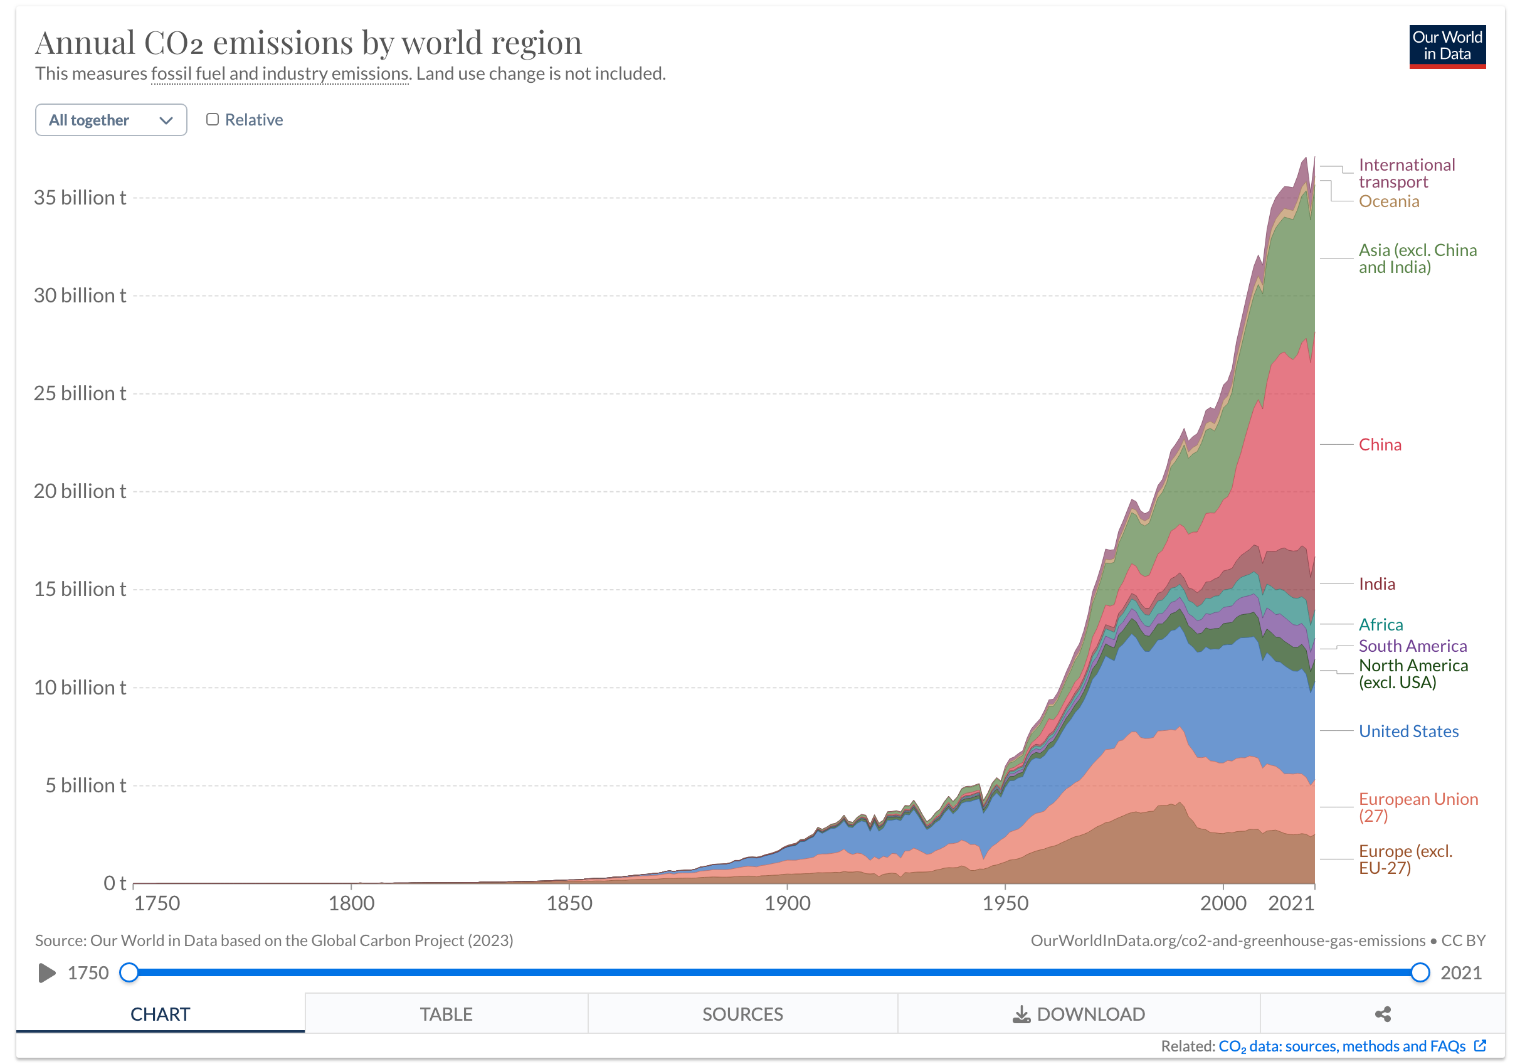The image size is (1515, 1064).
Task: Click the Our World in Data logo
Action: [x=1447, y=46]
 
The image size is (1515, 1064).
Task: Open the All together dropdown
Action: [x=111, y=120]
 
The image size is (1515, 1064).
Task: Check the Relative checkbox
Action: [x=213, y=119]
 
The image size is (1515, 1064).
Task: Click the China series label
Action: [x=1379, y=445]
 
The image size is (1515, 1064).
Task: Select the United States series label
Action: [x=1408, y=731]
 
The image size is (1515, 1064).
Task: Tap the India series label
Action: [x=1376, y=584]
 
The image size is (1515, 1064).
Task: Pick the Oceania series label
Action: [x=1388, y=201]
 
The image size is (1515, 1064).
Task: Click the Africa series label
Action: [x=1380, y=624]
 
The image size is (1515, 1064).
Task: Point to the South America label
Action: [x=1412, y=646]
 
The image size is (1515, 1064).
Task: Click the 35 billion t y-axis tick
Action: [x=80, y=198]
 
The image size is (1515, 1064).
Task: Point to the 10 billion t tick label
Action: [x=80, y=687]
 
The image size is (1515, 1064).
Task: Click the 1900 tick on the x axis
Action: [x=787, y=903]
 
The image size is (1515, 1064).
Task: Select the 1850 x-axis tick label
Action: [x=569, y=903]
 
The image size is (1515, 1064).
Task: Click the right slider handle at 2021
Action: [x=1419, y=972]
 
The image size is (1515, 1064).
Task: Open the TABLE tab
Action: [x=446, y=1014]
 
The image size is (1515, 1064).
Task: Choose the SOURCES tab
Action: [x=742, y=1014]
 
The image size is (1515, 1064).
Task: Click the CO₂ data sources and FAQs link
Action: [x=1341, y=1046]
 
